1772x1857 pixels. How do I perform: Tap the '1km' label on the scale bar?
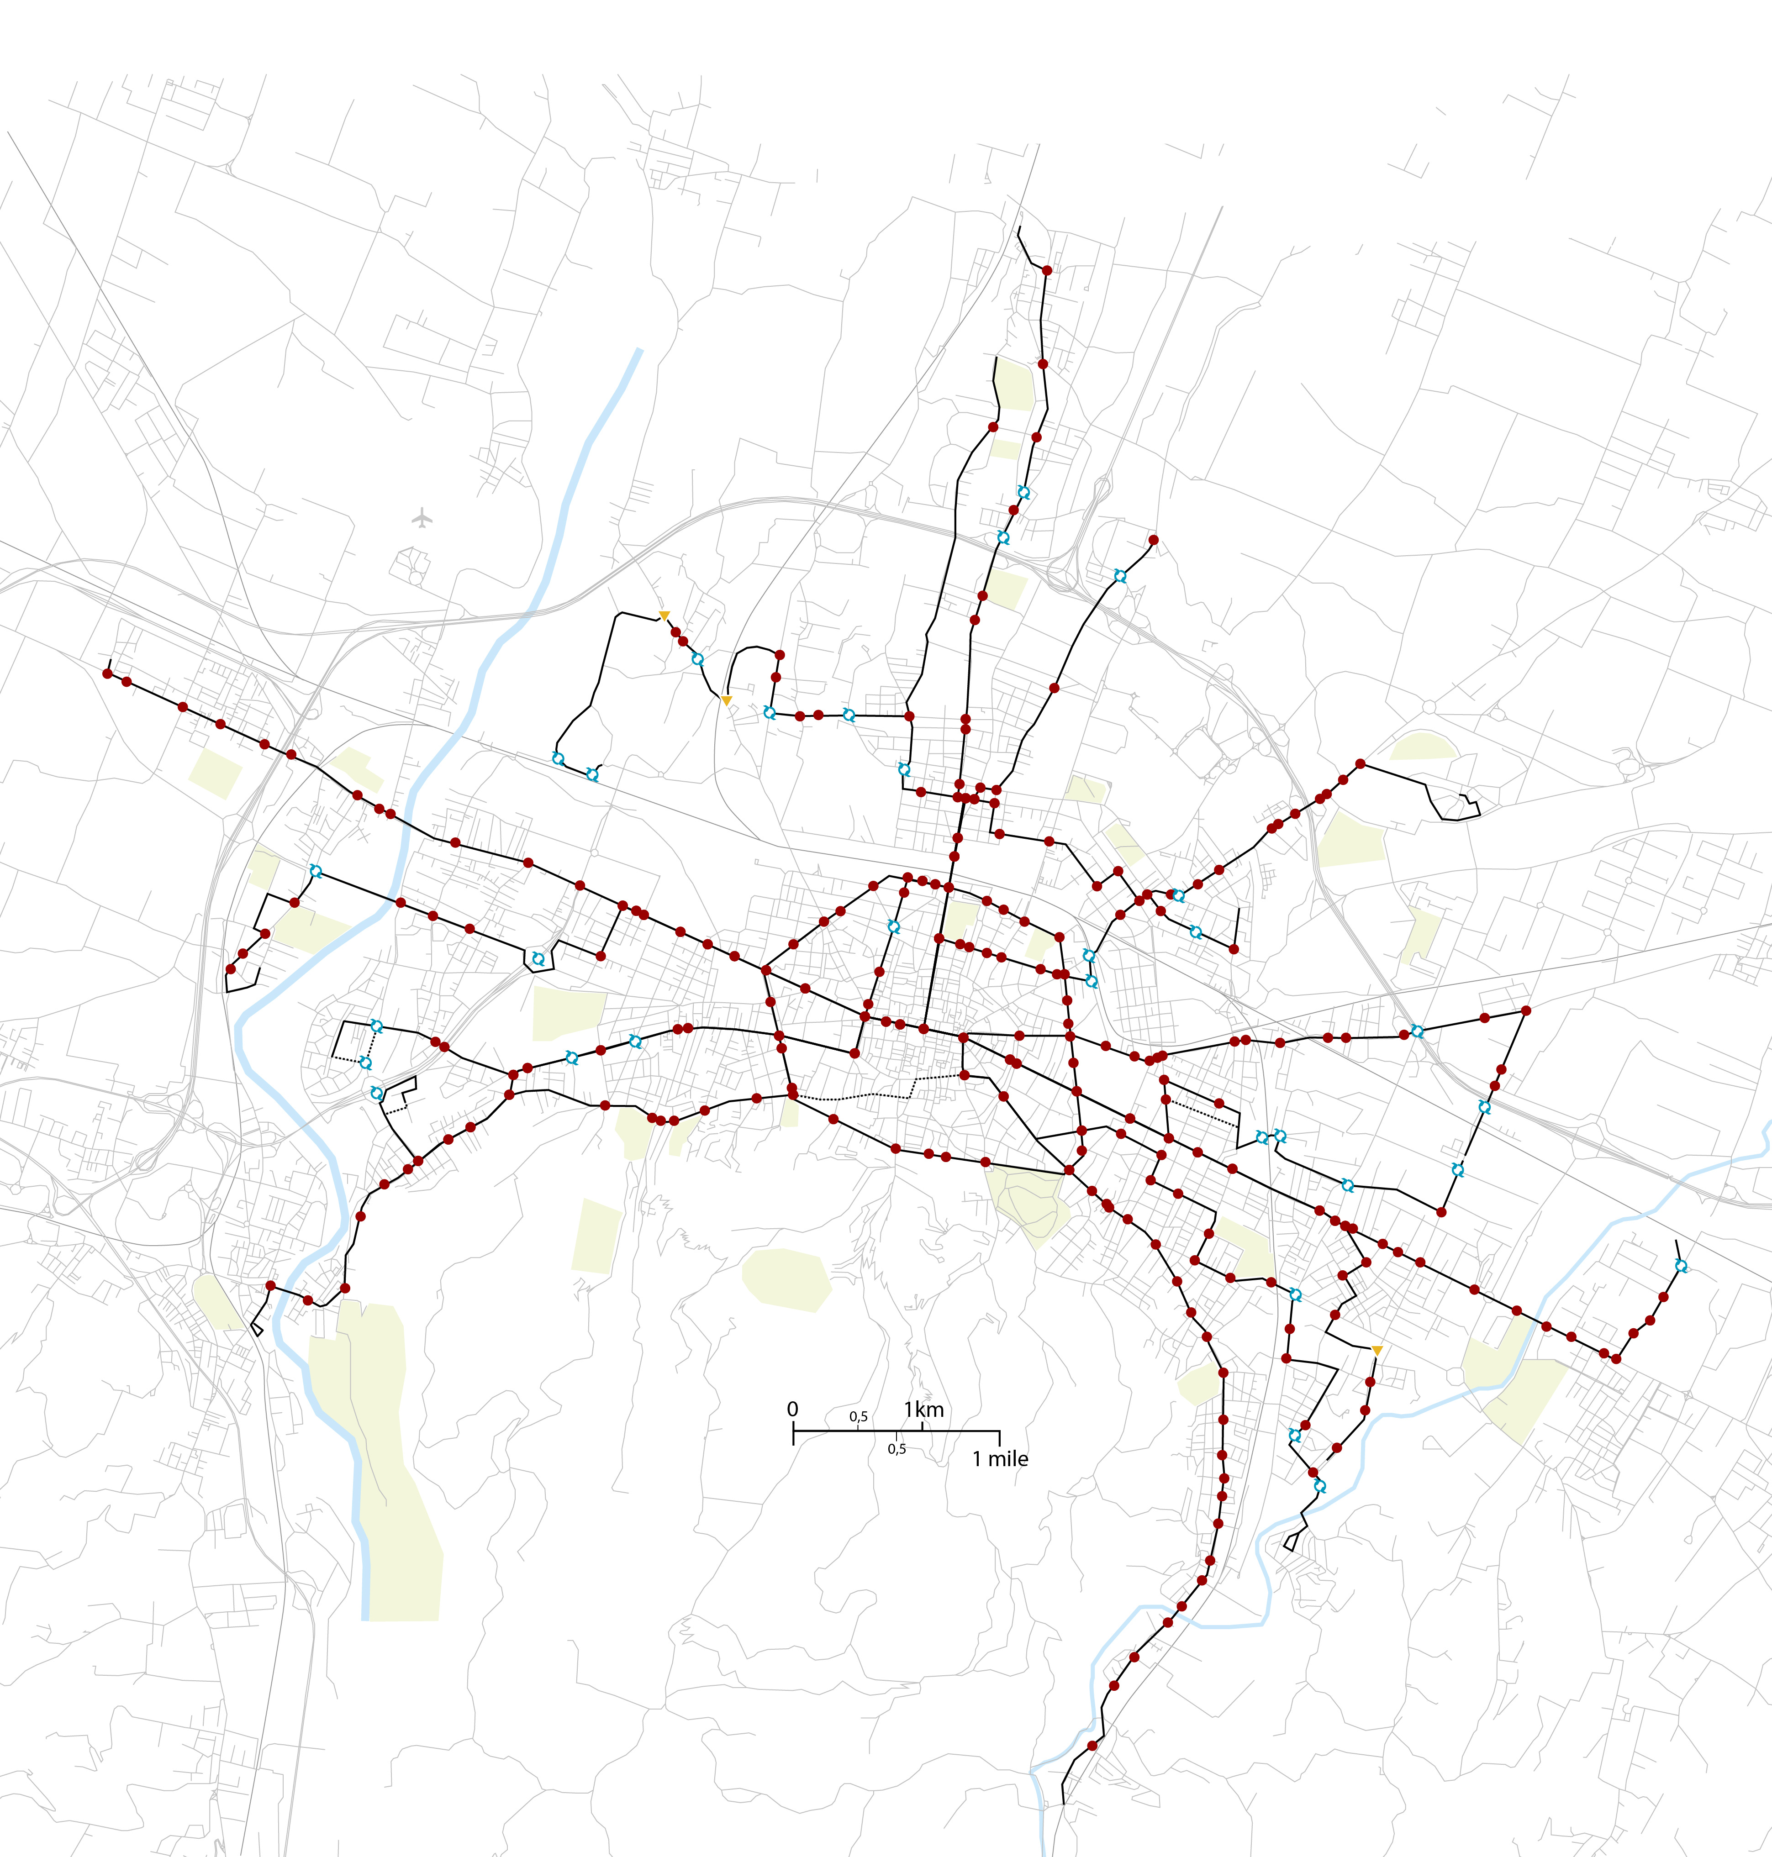[924, 1409]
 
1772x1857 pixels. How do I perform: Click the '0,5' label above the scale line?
[858, 1417]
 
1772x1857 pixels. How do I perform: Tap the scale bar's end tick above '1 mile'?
[999, 1438]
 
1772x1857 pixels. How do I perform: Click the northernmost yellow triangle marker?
[664, 616]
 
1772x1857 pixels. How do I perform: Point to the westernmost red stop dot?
[107, 673]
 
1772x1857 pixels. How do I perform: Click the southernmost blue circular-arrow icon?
[1319, 1486]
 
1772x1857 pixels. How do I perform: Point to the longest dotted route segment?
[850, 1098]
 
